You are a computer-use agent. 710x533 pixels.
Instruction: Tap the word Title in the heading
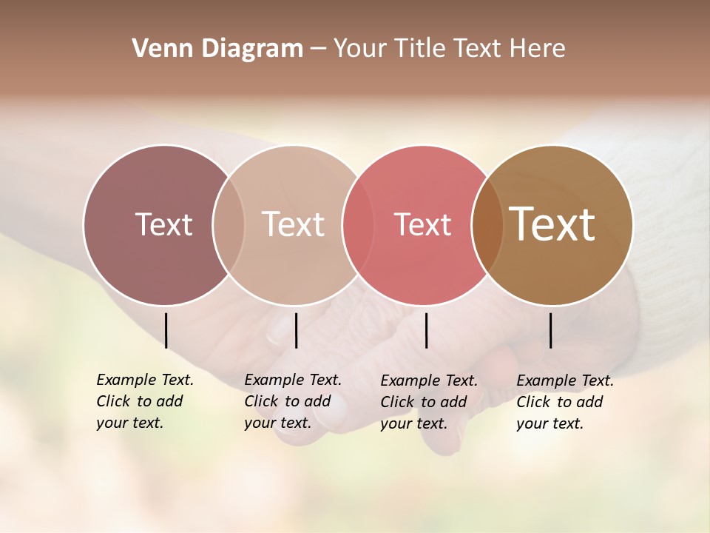tap(419, 49)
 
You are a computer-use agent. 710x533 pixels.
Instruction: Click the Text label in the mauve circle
tap(163, 224)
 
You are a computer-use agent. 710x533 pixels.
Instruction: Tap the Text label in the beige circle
tap(293, 224)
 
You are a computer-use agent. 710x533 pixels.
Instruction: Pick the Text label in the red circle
tap(422, 224)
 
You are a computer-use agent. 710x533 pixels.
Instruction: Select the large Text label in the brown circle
tap(552, 224)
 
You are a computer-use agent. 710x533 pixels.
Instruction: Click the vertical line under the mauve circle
tap(166, 330)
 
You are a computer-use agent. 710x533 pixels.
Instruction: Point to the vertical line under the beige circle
tap(296, 330)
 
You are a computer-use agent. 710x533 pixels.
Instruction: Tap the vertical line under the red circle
tap(426, 330)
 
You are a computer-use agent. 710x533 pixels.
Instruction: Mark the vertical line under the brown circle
tap(550, 330)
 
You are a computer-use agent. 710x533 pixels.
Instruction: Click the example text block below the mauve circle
tap(144, 401)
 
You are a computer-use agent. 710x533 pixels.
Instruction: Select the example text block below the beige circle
tap(292, 401)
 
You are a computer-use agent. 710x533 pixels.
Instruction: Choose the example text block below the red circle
tap(428, 402)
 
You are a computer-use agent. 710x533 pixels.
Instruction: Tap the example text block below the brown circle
tap(564, 402)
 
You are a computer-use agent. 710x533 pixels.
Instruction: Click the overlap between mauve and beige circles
tap(229, 224)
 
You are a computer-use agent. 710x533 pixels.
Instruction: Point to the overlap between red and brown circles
tap(487, 224)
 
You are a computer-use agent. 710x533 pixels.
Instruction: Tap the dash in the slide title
tap(318, 50)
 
